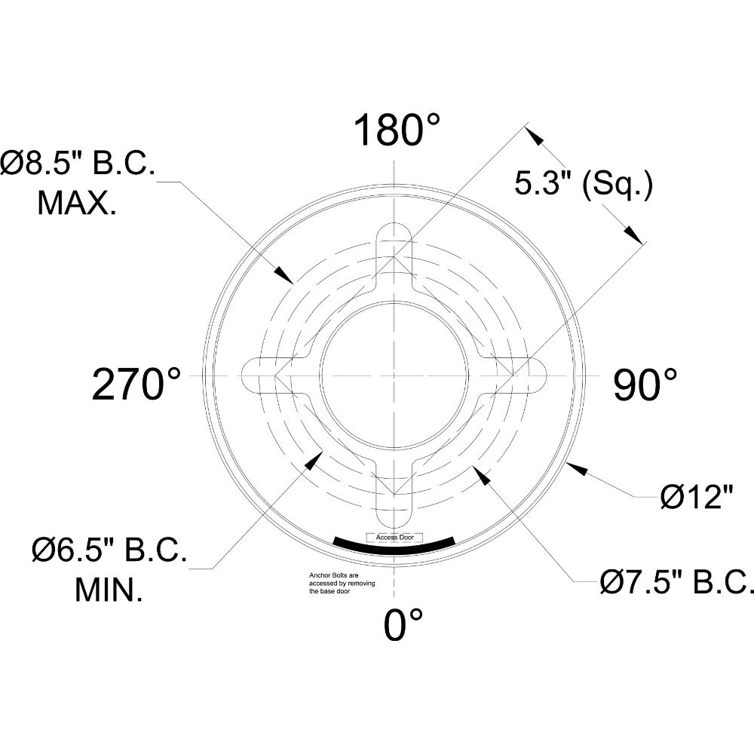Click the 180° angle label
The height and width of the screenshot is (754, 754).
[x=397, y=132]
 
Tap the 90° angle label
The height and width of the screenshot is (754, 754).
[x=645, y=385]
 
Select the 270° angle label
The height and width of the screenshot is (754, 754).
[x=136, y=385]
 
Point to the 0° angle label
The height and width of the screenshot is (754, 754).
[x=403, y=624]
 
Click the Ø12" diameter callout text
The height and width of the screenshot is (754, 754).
[x=696, y=498]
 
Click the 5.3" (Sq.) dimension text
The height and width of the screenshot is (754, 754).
[x=584, y=183]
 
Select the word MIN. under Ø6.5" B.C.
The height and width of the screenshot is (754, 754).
[x=109, y=590]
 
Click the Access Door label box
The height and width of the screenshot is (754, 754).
[x=394, y=538]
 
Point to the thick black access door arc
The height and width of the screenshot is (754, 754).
[x=394, y=548]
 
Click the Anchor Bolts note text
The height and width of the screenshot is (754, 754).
[x=341, y=584]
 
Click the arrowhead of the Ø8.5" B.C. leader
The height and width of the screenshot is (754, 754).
[x=284, y=274]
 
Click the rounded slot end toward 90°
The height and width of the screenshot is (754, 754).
[x=537, y=375]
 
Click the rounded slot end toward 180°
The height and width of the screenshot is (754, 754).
[x=393, y=231]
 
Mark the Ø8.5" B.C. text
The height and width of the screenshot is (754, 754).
[x=78, y=163]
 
